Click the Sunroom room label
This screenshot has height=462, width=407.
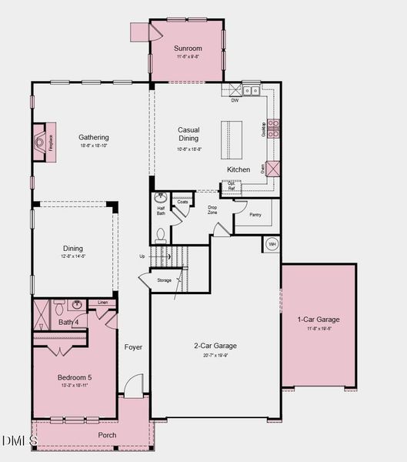(x=187, y=48)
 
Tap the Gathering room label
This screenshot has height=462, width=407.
(x=93, y=138)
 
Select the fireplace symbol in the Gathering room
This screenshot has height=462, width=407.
(x=39, y=142)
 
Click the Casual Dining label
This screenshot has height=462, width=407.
(x=188, y=134)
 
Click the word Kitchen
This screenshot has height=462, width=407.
(x=239, y=169)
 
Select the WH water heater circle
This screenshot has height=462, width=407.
(x=272, y=244)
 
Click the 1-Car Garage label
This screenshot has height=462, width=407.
(x=319, y=320)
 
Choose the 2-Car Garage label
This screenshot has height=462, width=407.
(x=215, y=346)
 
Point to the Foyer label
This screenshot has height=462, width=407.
(x=133, y=347)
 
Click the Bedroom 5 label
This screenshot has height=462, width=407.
(x=75, y=377)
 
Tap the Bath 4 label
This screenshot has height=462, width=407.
(x=69, y=323)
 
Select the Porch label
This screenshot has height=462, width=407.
(x=107, y=435)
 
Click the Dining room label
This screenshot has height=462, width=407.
(x=73, y=249)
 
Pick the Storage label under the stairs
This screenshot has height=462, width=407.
(x=164, y=280)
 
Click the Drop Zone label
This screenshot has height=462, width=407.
(x=212, y=209)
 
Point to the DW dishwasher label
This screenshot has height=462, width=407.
(x=235, y=100)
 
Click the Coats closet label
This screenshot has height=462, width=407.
(x=183, y=203)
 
